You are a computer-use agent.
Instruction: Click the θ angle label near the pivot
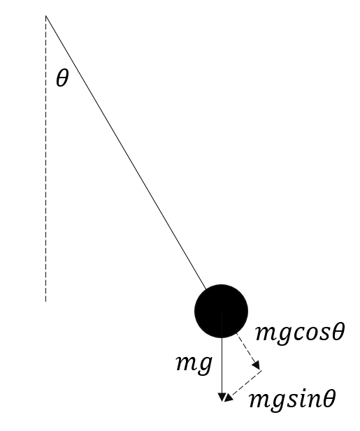(62, 78)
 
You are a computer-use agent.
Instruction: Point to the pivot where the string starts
(46, 16)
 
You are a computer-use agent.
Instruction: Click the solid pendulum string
(126, 152)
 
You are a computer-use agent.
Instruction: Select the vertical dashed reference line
(46, 159)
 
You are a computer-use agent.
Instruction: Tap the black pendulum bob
(222, 311)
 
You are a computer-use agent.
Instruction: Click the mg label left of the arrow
(194, 363)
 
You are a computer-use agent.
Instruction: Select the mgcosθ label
(300, 333)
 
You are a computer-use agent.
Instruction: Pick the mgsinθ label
(292, 400)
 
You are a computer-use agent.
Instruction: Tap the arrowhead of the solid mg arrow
(222, 397)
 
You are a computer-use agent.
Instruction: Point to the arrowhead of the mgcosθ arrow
(257, 366)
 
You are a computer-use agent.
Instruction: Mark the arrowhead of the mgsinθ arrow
(229, 397)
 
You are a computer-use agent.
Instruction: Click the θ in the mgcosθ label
(338, 332)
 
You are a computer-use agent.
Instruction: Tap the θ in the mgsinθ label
(329, 398)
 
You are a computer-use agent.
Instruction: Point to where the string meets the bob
(206, 289)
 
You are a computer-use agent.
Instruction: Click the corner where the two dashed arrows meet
(261, 370)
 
